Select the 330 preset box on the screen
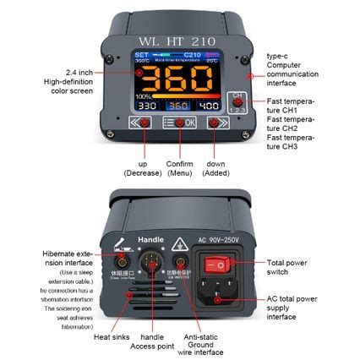(x=147, y=106)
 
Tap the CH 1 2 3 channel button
(x=238, y=101)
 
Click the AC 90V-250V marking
(x=221, y=240)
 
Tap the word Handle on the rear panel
(x=150, y=239)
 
